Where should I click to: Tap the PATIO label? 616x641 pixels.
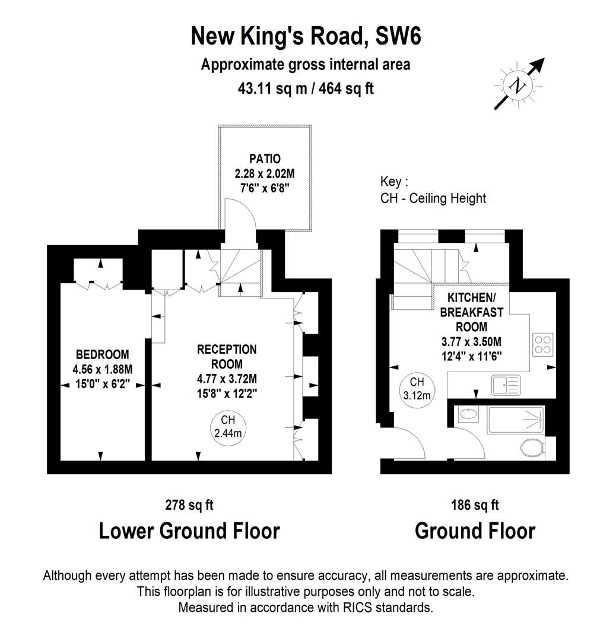pos(265,159)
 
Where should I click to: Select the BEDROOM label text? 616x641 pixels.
pos(102,355)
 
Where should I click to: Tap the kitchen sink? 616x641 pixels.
pos(505,385)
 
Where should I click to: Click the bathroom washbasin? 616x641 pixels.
pos(469,415)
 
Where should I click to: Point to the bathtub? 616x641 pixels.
pos(515,420)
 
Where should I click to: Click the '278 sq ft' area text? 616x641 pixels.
pos(189,505)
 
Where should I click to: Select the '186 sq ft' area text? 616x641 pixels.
pos(475,505)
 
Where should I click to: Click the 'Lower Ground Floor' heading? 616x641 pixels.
pos(189,531)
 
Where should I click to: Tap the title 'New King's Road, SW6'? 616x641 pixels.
pos(306,37)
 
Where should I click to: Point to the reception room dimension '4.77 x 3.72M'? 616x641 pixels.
pos(227,379)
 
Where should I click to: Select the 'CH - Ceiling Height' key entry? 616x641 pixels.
pos(433,198)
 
